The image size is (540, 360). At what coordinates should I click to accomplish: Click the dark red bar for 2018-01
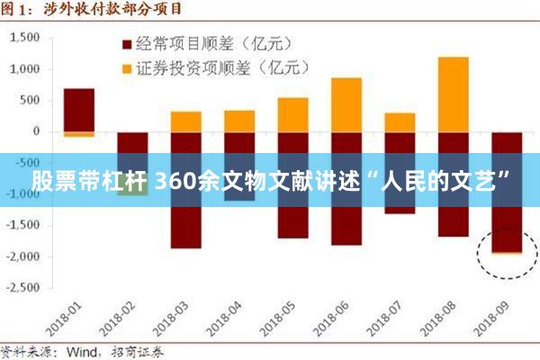(x=79, y=110)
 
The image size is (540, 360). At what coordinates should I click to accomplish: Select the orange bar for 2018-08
(x=453, y=94)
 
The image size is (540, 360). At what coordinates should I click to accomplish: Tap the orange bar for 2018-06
(x=346, y=104)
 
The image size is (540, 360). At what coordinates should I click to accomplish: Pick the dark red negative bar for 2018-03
(x=185, y=225)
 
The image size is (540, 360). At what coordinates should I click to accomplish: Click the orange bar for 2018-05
(x=292, y=114)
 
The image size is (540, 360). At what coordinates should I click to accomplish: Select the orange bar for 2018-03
(x=185, y=121)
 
